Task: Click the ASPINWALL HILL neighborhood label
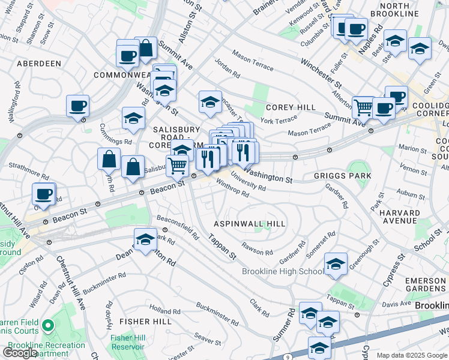[x=250, y=224]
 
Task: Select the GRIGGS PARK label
[x=342, y=176]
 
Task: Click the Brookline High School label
[x=283, y=271]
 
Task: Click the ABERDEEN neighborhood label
[x=39, y=63]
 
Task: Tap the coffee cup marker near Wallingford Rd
[x=78, y=107]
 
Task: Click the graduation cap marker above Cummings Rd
[x=133, y=118]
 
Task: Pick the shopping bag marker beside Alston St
[x=145, y=48]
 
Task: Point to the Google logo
[x=19, y=353]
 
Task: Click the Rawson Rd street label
[x=257, y=248]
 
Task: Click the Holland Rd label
[x=161, y=311]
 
